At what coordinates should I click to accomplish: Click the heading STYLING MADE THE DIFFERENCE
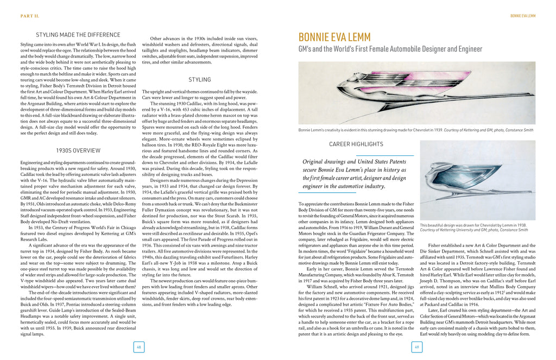pos(78,34)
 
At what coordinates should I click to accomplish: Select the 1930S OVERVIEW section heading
pos(78,150)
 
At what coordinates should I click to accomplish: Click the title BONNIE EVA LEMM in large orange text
pos(334,37)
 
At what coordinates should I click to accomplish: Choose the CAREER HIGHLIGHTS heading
pos(356,144)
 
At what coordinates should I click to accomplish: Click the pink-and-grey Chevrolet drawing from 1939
pos(416,92)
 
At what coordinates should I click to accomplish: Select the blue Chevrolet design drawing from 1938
pos(477,180)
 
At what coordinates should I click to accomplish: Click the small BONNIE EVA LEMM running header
pos(522,16)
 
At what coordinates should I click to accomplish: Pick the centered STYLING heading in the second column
pos(200,80)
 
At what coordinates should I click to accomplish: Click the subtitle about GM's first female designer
pos(390,49)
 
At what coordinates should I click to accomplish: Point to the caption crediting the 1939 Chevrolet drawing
pos(415,130)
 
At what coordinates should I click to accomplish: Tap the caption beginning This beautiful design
pos(473,227)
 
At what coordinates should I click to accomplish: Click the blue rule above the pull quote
pos(356,155)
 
